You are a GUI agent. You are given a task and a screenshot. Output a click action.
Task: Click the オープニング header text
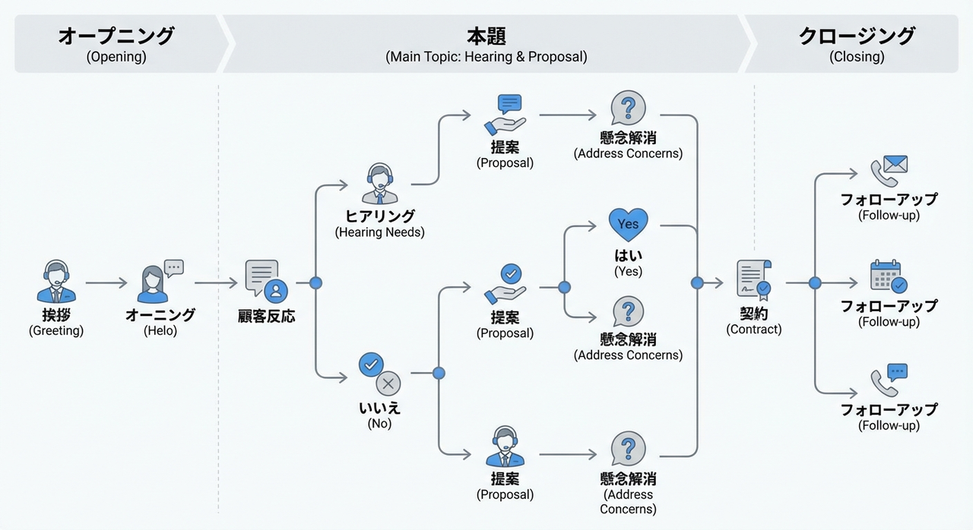[116, 36]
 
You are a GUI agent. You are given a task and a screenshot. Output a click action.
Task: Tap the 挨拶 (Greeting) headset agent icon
[56, 282]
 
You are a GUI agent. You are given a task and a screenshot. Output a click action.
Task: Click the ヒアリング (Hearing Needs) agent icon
[379, 185]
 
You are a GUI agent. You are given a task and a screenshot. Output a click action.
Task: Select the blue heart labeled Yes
[629, 225]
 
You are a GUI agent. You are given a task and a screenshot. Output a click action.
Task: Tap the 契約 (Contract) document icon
[753, 279]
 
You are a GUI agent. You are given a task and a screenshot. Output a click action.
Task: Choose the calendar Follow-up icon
[888, 276]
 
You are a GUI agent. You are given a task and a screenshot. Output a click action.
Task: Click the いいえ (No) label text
[379, 408]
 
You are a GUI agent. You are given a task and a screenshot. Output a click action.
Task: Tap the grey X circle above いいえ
[388, 383]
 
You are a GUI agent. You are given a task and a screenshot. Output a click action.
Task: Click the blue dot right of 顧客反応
[316, 283]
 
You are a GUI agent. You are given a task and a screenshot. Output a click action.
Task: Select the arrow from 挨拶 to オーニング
[106, 283]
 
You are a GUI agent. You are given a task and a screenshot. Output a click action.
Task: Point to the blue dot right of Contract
[815, 283]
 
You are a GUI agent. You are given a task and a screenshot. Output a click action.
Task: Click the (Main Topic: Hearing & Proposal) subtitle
[486, 57]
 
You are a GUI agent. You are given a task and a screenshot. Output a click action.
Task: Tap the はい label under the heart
[629, 256]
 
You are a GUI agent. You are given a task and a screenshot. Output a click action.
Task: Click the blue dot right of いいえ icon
[439, 373]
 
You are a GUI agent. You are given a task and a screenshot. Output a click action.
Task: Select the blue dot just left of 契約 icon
[697, 283]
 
